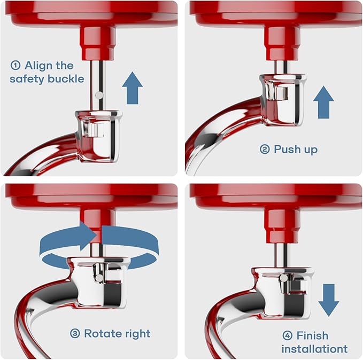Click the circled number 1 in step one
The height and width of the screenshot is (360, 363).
(16, 66)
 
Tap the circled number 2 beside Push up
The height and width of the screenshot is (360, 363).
(265, 150)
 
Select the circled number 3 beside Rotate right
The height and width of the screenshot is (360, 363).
(75, 334)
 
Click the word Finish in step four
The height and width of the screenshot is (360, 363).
(313, 336)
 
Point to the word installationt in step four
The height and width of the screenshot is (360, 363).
(314, 349)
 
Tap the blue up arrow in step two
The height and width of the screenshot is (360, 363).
(323, 102)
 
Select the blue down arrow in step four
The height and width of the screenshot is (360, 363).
(328, 300)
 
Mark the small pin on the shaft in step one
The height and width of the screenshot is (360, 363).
(98, 95)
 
